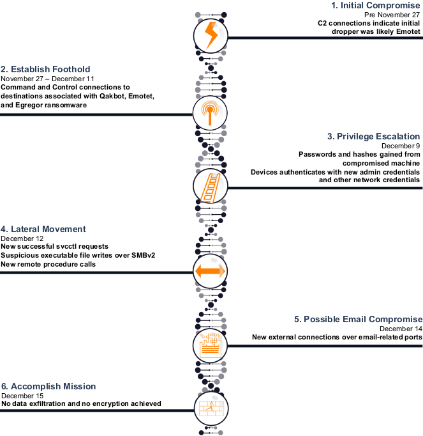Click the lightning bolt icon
(211, 36)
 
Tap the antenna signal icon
(211, 113)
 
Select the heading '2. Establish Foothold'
(46, 69)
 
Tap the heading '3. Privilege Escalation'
(373, 136)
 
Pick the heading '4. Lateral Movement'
(43, 229)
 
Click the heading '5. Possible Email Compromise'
(358, 319)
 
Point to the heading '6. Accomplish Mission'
(48, 386)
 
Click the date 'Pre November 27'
(397, 14)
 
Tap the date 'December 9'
(404, 146)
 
